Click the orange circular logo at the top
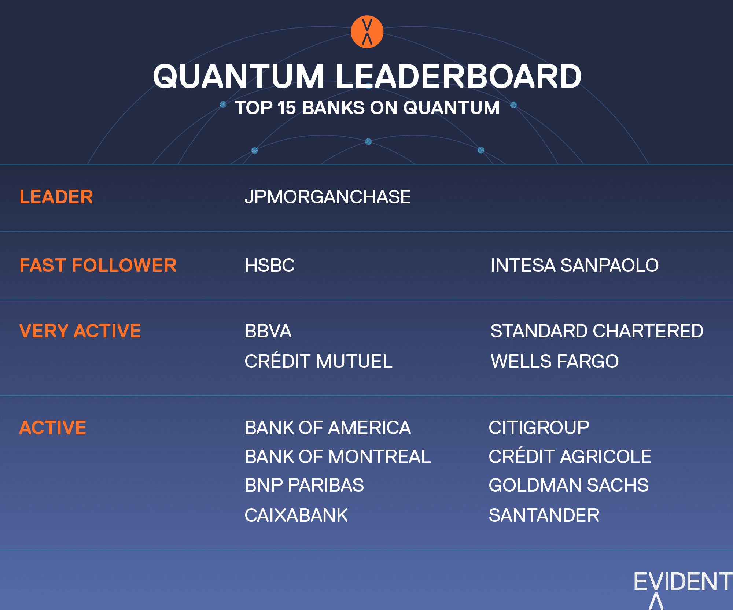pyautogui.click(x=367, y=32)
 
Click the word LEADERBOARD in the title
pyautogui.click(x=458, y=76)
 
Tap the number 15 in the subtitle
pyautogui.click(x=287, y=108)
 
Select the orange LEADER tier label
pyautogui.click(x=56, y=197)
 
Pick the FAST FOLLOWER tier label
pyautogui.click(x=98, y=265)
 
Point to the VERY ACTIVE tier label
pyautogui.click(x=80, y=331)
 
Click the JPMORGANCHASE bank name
pyautogui.click(x=328, y=197)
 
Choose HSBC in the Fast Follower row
pyautogui.click(x=269, y=265)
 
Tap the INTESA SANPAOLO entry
pyautogui.click(x=574, y=265)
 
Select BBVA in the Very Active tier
pyautogui.click(x=268, y=331)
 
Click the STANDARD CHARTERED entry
pyautogui.click(x=597, y=331)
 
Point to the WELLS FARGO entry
pyautogui.click(x=555, y=361)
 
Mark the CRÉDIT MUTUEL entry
pyautogui.click(x=318, y=361)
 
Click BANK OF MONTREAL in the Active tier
pyautogui.click(x=338, y=456)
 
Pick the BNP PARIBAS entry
pyautogui.click(x=304, y=485)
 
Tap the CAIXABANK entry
pyautogui.click(x=296, y=515)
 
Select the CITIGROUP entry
pyautogui.click(x=539, y=428)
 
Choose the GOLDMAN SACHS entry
pyautogui.click(x=568, y=485)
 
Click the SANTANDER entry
pyautogui.click(x=544, y=515)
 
